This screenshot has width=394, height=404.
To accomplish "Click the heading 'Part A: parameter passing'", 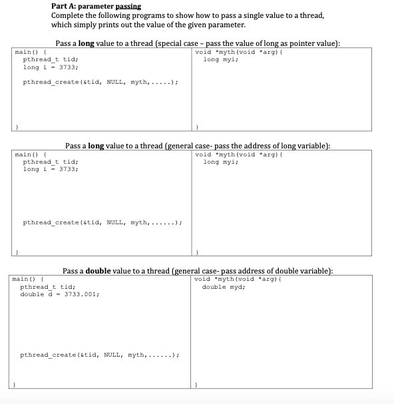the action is click(96, 7).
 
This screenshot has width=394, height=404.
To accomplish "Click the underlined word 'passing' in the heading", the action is click(128, 7).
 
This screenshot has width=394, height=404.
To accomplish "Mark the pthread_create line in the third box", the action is click(100, 355).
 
